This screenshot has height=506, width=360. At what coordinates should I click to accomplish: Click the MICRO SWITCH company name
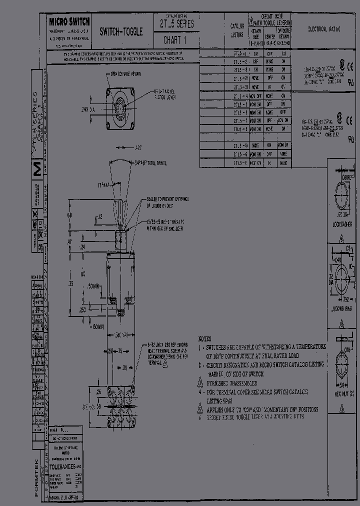pos(69,21)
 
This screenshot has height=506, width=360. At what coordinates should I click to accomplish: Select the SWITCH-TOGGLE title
pos(121,31)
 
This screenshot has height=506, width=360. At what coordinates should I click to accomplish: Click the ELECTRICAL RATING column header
pos(324,29)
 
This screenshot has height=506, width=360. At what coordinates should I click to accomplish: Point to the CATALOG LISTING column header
pos(237,30)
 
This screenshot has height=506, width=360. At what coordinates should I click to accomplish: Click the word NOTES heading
pos(205,338)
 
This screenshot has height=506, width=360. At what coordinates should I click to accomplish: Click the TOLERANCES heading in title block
pos(64,465)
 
